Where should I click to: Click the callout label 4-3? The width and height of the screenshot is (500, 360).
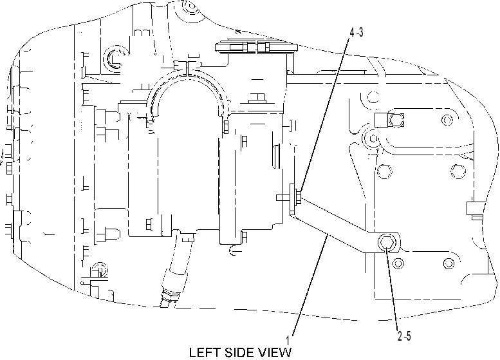pyautogui.click(x=356, y=32)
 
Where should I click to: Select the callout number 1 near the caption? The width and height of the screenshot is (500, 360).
pyautogui.click(x=288, y=340)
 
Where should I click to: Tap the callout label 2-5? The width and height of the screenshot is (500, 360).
pyautogui.click(x=404, y=336)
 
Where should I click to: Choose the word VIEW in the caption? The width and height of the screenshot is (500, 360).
pyautogui.click(x=275, y=353)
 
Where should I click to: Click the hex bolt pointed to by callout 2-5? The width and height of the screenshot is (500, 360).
pyautogui.click(x=387, y=243)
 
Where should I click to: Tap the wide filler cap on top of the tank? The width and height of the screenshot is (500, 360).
pyautogui.click(x=256, y=47)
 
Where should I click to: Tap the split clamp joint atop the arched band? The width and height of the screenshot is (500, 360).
pyautogui.click(x=187, y=68)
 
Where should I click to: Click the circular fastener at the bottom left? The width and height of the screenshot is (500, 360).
pyautogui.click(x=99, y=270)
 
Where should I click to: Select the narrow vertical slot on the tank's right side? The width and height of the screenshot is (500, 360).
pyautogui.click(x=277, y=156)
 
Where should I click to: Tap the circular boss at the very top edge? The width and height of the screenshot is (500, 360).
pyautogui.click(x=191, y=7)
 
